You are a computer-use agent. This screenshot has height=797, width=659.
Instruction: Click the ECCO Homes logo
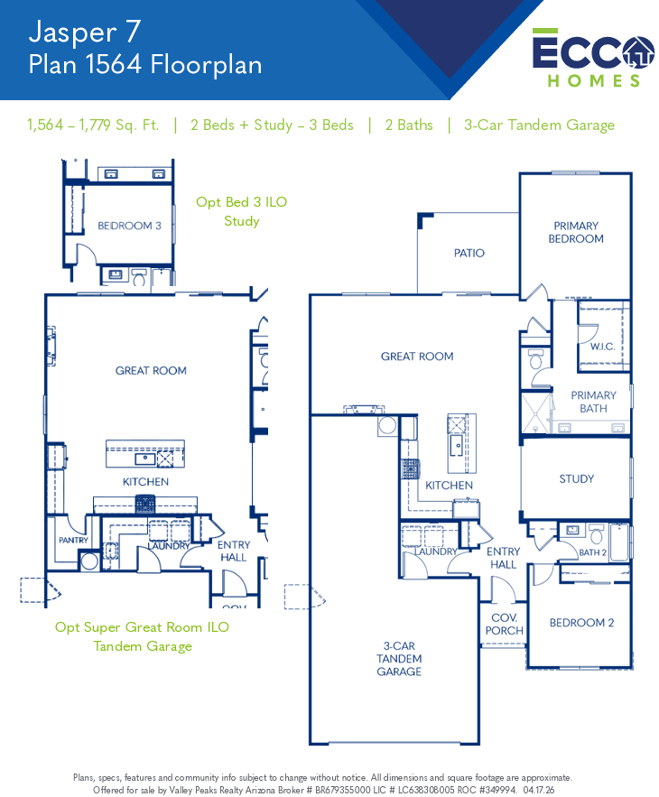coord(593,58)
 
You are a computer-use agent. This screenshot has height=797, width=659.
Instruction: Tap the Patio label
coord(469,253)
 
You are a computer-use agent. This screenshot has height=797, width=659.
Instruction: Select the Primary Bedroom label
coord(576,232)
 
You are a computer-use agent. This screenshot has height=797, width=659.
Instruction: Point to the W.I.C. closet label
coord(602,347)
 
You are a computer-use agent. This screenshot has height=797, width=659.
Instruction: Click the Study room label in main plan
coord(576,478)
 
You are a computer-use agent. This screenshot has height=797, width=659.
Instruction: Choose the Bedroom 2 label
coord(581,623)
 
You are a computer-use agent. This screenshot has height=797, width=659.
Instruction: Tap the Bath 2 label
coord(592,552)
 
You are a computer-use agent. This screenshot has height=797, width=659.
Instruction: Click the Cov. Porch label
coord(504,625)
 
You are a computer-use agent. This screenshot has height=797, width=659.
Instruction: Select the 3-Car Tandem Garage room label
coord(399,659)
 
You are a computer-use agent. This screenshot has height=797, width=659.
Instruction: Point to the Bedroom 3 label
coord(129,226)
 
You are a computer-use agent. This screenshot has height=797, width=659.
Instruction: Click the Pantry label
coord(73,541)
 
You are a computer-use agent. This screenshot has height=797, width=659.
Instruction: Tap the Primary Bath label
coord(593,402)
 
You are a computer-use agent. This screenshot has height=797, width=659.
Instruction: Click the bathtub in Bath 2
coord(619,542)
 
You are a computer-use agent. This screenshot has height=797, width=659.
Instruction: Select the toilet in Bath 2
coord(597,534)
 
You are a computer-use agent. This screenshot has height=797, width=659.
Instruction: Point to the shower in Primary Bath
coord(536,412)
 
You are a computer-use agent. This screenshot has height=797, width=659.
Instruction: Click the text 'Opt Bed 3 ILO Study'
coord(242,211)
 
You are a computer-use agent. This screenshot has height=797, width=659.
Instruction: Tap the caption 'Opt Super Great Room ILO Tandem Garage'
coord(143,636)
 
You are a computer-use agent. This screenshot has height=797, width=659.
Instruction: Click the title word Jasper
coord(73,32)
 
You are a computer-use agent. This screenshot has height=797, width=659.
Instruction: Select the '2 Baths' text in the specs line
coord(409,125)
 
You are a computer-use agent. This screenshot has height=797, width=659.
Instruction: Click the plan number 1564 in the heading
coord(114,65)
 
